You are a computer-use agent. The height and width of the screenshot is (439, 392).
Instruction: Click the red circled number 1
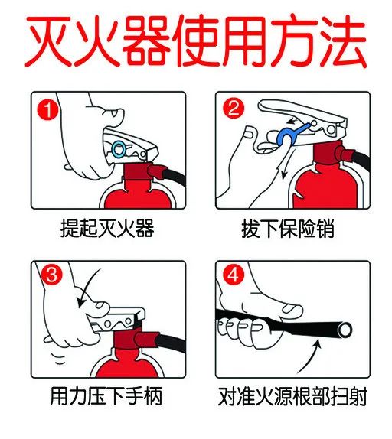47,110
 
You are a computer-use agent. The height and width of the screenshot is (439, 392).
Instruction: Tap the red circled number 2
234,108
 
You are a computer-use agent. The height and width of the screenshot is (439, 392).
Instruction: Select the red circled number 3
51,275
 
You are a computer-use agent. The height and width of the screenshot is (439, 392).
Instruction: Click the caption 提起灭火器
107,228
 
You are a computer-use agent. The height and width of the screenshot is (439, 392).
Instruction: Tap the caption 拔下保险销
288,229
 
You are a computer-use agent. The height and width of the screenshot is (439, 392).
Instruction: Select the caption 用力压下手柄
106,396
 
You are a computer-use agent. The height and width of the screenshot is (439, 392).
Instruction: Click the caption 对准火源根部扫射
292,396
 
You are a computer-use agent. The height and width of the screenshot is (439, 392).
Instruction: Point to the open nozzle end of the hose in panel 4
345,329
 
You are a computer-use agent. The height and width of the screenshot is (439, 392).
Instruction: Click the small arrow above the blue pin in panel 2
294,121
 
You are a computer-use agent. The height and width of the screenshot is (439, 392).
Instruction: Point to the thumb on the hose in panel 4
289,309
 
